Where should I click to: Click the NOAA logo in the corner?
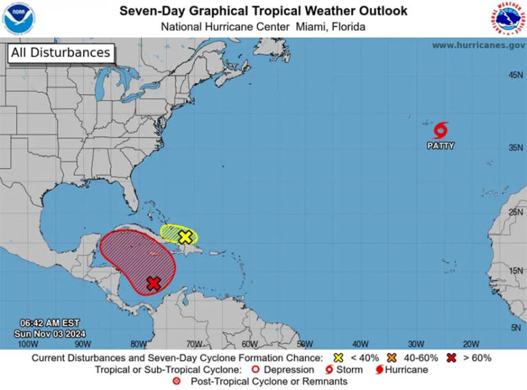pos(19,19)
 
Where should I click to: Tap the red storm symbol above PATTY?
pos(441,130)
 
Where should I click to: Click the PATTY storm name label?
pos(441,146)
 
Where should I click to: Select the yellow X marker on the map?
pos(185,237)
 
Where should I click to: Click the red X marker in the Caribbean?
pos(153,283)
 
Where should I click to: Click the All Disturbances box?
pos(60,53)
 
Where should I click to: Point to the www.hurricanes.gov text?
pos(478,45)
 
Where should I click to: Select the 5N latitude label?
pos(516,328)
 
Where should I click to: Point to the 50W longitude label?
pos(305,343)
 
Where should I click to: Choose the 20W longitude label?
pos(471,343)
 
